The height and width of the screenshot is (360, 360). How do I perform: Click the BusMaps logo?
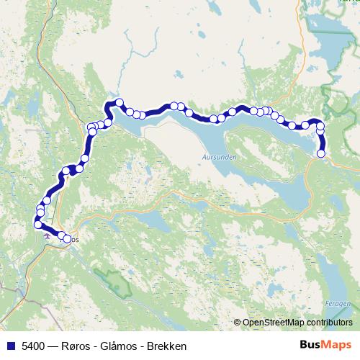tap(325, 345)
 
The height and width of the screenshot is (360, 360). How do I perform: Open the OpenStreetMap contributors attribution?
tap(297, 323)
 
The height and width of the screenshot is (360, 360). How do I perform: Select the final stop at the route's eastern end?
tap(321, 153)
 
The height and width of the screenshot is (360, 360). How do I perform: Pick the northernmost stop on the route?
tap(119, 102)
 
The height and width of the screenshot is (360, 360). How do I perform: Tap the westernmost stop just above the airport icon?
tap(37, 225)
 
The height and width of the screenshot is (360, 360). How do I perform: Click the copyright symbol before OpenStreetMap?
tap(238, 323)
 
